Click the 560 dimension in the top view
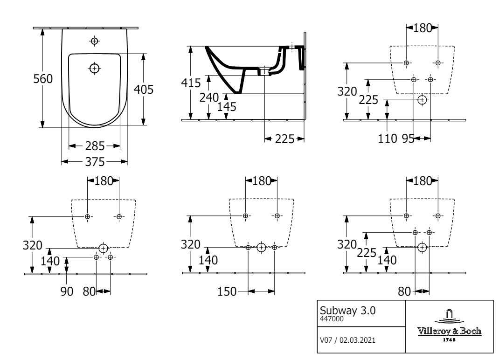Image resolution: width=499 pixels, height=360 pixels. pos(43,79)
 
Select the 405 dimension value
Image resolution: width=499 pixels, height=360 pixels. pos(144,90)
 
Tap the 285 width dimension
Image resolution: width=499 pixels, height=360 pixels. pos(95,146)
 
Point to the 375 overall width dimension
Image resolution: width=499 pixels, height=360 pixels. pos(95,162)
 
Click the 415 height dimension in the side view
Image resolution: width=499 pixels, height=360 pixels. pos(191,83)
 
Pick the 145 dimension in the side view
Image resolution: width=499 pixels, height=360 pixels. pos(227,107)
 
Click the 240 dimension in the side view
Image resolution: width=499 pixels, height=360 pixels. pos(209,98)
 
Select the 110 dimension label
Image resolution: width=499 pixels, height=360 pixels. pos(387,139)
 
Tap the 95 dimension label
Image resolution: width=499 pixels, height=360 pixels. pos(408,139)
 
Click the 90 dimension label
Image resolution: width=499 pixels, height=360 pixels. pos(67,291)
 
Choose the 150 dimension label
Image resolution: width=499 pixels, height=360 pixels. pos(227,291)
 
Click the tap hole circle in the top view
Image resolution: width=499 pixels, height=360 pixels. pos(95,41)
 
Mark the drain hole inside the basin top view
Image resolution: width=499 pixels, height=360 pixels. pos(95,68)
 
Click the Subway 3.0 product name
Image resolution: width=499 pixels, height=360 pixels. pos(347,311)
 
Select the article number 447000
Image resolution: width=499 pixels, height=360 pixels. pos(332,319)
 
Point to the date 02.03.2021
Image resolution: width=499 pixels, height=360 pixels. pos(357,340)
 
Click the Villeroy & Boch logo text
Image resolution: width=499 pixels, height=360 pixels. pos(450,331)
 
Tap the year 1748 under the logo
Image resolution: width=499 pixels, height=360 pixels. pos(450,339)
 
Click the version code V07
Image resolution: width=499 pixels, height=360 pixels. pos(326,340)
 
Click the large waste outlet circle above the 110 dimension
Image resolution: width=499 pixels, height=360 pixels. pos(422,100)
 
